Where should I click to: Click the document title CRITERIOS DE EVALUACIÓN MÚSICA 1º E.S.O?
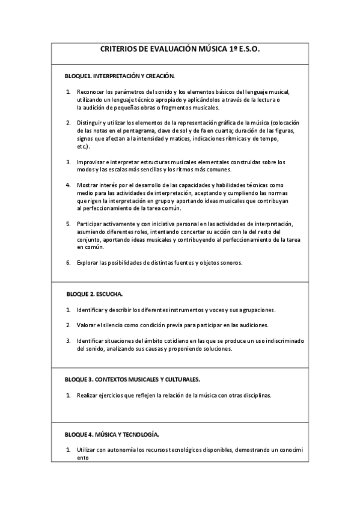[179, 52]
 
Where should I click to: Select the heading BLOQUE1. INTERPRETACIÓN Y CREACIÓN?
[120, 76]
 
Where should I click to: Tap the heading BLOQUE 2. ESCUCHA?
[94, 294]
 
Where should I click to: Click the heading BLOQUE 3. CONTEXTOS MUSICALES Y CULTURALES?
[132, 379]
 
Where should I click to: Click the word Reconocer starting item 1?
[90, 91]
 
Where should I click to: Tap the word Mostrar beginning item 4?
[88, 185]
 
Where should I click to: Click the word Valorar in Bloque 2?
[87, 325]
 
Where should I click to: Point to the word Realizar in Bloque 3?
[88, 395]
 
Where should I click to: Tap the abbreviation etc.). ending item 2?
[84, 146]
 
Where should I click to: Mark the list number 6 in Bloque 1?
[68, 262]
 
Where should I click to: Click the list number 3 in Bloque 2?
[68, 340]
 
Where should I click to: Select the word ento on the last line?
[82, 457]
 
